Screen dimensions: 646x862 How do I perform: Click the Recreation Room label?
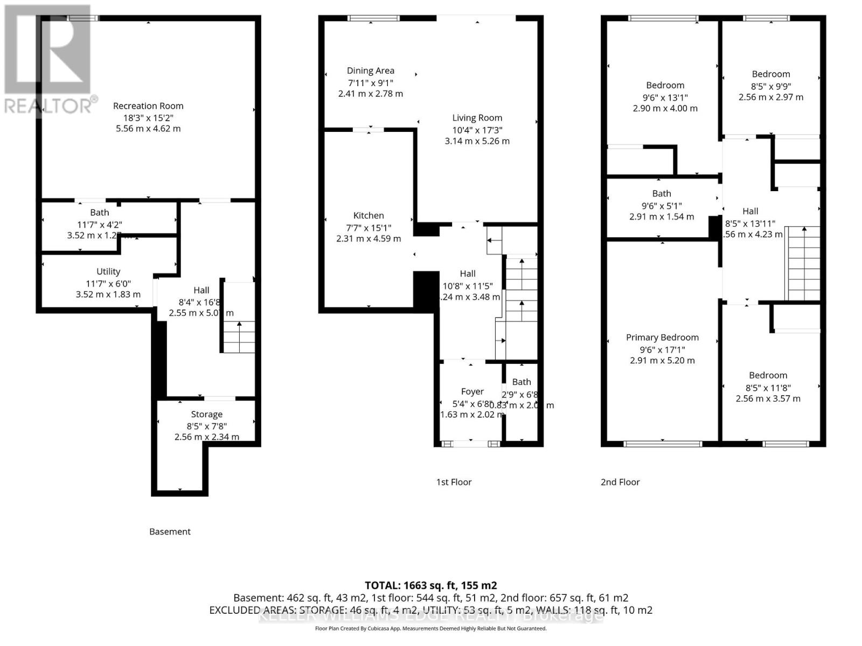148,106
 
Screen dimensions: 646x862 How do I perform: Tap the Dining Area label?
370,71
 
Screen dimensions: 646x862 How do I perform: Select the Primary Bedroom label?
662,338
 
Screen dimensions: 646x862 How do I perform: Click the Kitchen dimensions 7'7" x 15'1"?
369,227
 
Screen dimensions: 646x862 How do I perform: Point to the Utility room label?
108,272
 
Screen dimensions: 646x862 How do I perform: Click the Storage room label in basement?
206,415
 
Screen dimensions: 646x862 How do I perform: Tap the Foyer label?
472,391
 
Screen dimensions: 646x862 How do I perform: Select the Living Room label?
477,118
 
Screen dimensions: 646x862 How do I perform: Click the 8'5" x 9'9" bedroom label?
770,74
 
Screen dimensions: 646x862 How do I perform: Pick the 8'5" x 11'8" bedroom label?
768,375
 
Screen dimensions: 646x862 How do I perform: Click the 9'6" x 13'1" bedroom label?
665,85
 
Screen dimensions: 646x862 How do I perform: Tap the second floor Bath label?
661,194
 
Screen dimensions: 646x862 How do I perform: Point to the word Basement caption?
170,531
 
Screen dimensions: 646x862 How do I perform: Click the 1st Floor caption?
454,482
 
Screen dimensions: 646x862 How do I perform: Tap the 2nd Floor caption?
620,482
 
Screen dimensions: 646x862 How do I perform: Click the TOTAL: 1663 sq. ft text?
430,585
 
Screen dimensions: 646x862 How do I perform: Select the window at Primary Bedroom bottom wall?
663,444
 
